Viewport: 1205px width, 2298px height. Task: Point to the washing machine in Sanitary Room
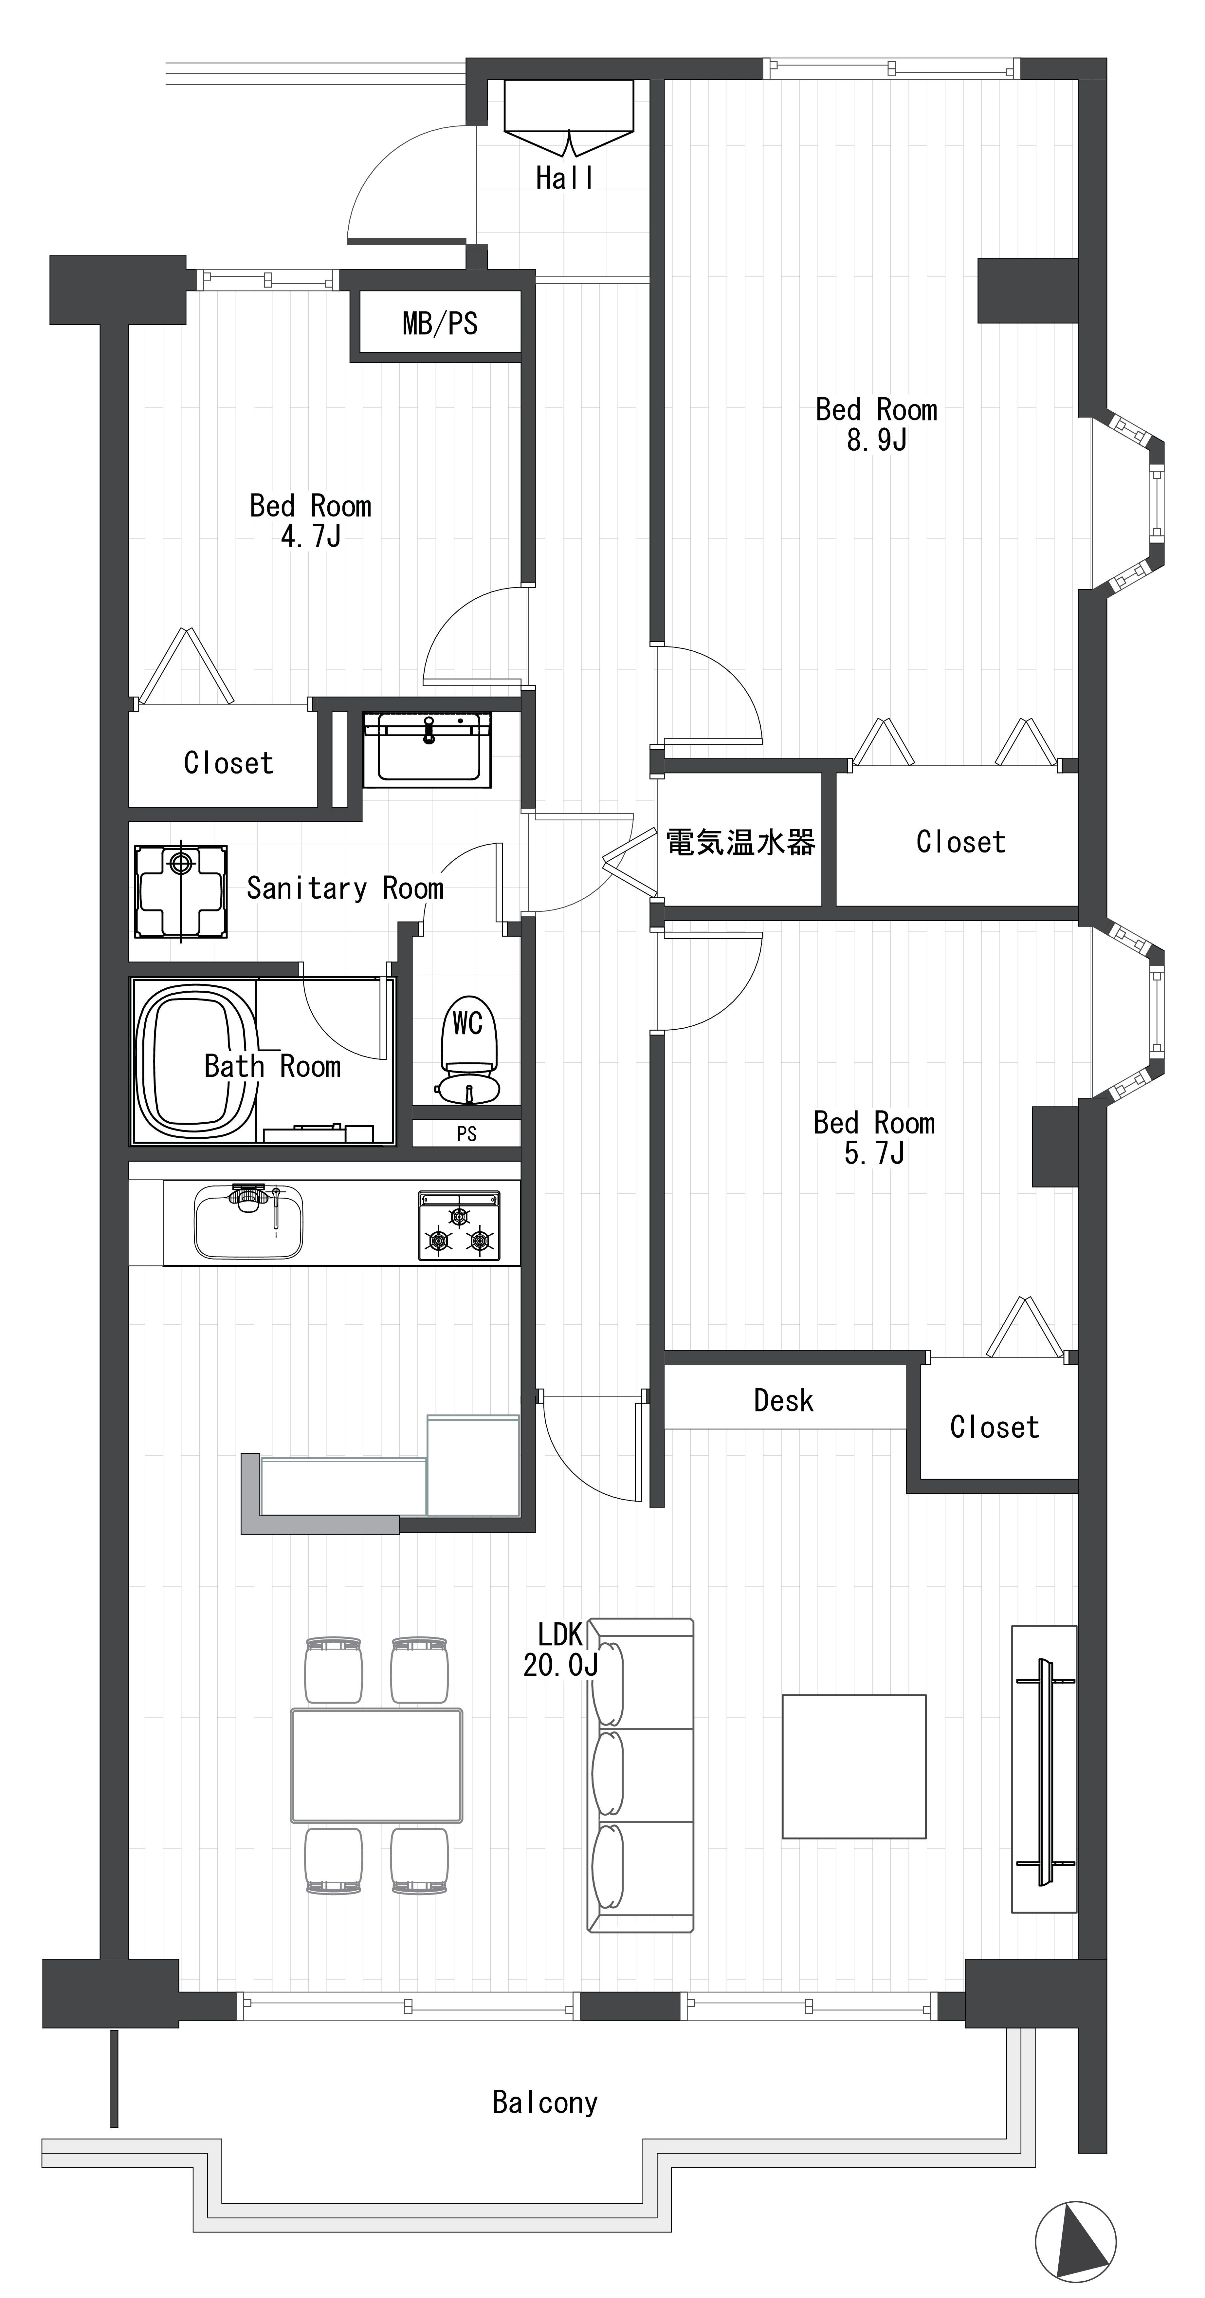point(180,890)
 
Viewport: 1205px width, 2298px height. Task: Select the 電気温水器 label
point(740,841)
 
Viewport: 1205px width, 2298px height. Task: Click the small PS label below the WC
point(466,1134)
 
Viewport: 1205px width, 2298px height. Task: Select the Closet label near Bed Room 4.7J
point(228,763)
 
